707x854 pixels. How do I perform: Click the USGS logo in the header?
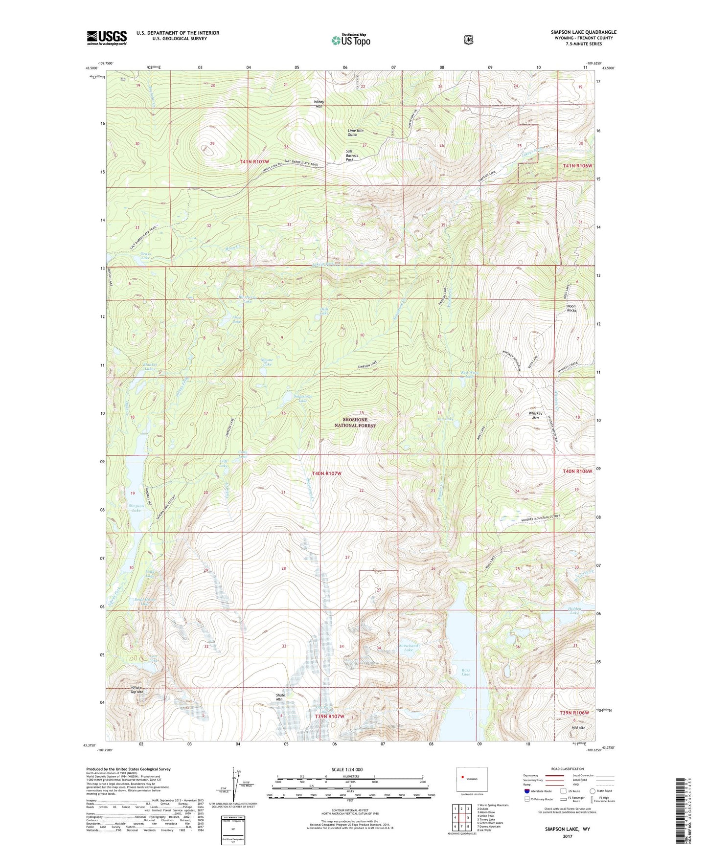click(107, 38)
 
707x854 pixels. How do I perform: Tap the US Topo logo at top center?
click(350, 40)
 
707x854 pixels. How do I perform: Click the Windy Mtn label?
click(319, 104)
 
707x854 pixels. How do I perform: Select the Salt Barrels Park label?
click(352, 156)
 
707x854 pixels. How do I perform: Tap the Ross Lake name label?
click(465, 672)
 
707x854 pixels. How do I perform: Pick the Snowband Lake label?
click(409, 648)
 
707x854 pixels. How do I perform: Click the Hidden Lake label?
click(574, 610)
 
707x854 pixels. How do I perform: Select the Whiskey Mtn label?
click(535, 415)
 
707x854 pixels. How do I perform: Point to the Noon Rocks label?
click(571, 308)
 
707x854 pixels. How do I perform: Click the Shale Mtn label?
click(280, 697)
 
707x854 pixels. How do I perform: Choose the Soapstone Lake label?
click(302, 398)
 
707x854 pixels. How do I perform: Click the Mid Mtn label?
click(578, 728)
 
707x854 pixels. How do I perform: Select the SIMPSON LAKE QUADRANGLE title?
click(583, 32)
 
